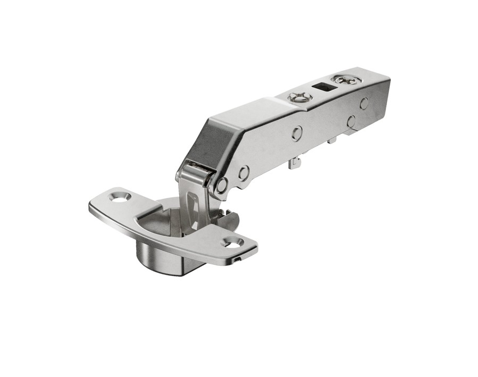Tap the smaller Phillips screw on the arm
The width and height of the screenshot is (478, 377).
pos(300,97)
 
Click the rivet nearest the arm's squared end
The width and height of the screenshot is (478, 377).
pos(364,103)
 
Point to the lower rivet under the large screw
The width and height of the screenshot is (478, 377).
pos(351,121)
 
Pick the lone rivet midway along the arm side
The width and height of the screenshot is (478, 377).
pos(297,133)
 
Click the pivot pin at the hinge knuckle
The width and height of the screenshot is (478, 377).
pos(221,185)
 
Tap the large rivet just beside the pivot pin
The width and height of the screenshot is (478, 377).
pos(244,172)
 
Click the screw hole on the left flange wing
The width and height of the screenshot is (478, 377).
pos(120,197)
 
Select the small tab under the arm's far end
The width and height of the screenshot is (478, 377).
pos(332,140)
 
